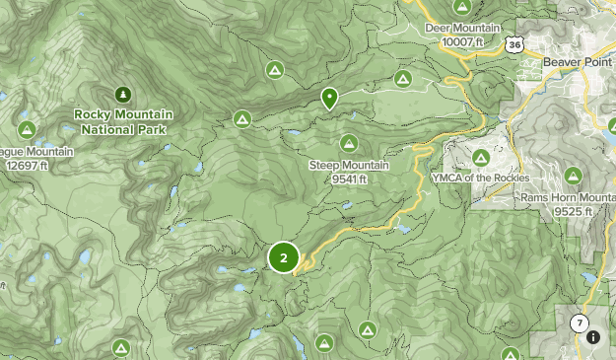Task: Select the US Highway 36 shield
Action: point(513,44)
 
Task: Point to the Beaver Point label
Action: point(579,61)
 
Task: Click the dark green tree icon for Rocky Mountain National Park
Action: point(122,95)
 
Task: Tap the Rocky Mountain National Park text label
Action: point(123,121)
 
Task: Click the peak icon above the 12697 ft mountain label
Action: point(27,129)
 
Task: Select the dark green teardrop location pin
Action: point(329,98)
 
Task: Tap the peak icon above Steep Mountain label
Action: point(349,143)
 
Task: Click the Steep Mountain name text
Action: point(349,166)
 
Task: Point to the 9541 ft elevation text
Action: point(349,179)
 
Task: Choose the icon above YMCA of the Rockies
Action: point(481,157)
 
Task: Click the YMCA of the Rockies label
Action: point(481,178)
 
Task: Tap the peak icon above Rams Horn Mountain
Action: point(573,177)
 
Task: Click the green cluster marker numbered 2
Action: point(284,257)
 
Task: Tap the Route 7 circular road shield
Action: point(579,324)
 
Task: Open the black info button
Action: point(593,337)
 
